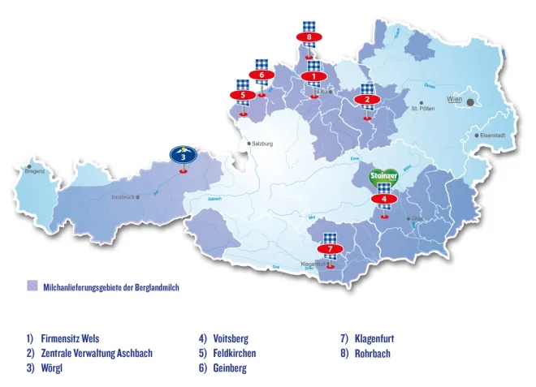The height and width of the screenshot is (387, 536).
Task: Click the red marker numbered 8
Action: point(309,37)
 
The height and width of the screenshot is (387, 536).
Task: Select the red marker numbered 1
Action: point(313,76)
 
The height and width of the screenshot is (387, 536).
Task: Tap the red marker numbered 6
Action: point(262,75)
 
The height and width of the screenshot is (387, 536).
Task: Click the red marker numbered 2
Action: point(367,100)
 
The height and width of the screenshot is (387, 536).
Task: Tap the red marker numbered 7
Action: point(330,248)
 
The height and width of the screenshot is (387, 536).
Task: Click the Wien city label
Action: point(454,101)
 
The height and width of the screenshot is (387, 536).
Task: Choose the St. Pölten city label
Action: point(425,108)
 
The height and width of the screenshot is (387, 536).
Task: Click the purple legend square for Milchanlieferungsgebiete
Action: point(32,286)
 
